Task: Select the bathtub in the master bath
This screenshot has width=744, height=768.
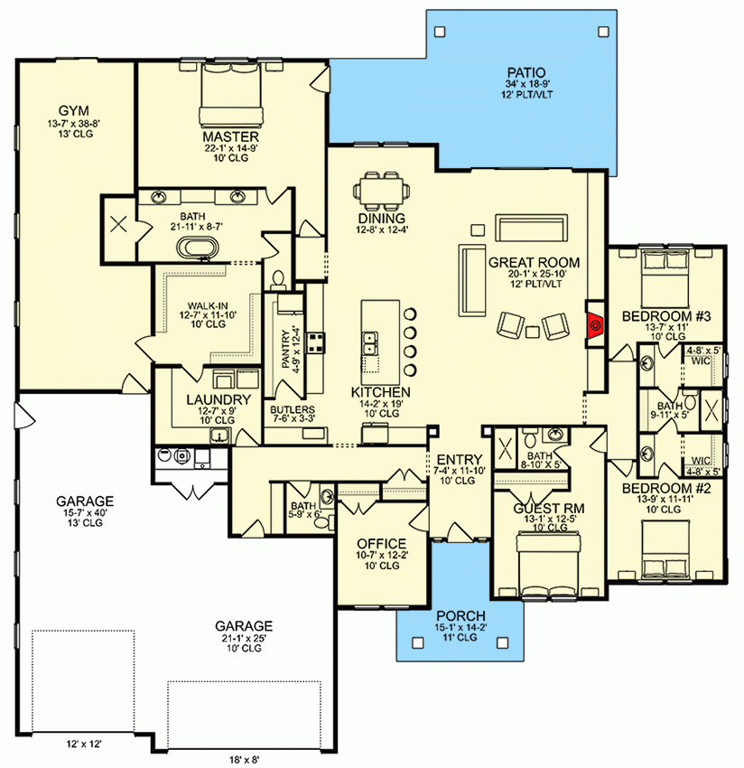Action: tap(200, 249)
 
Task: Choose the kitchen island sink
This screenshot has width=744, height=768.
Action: tap(371, 342)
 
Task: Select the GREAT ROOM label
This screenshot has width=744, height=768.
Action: tap(534, 262)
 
